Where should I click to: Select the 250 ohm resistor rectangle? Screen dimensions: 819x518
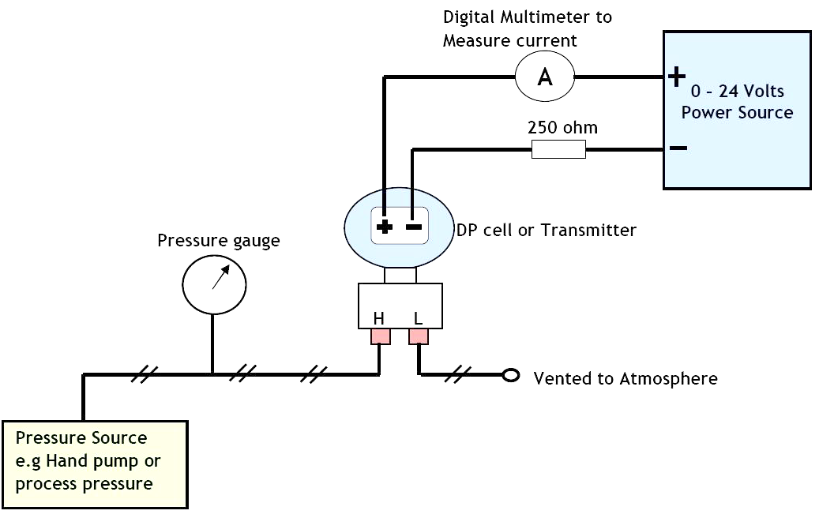coord(558,149)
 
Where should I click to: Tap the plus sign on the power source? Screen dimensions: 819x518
coord(676,77)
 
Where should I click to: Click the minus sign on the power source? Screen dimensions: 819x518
coord(678,148)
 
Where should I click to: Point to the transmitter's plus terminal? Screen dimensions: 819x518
coord(385,227)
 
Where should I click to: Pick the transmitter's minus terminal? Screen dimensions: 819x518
coord(414,227)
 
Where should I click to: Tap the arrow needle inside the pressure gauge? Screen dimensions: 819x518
coord(220,276)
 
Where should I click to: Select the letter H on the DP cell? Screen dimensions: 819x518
coord(378,318)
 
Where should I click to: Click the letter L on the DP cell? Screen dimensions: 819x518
coord(418,318)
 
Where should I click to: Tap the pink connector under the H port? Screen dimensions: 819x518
coord(380,336)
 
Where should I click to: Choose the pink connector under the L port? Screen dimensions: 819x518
coord(419,336)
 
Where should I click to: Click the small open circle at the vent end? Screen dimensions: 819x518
coord(511,375)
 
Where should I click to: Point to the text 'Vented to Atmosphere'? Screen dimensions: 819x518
coord(626,378)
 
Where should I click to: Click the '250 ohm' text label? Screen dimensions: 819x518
coord(562,127)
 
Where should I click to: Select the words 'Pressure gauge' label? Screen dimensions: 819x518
coord(218,240)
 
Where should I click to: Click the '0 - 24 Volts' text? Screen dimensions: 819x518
coord(737,91)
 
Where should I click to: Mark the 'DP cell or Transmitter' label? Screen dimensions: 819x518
coord(547,230)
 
